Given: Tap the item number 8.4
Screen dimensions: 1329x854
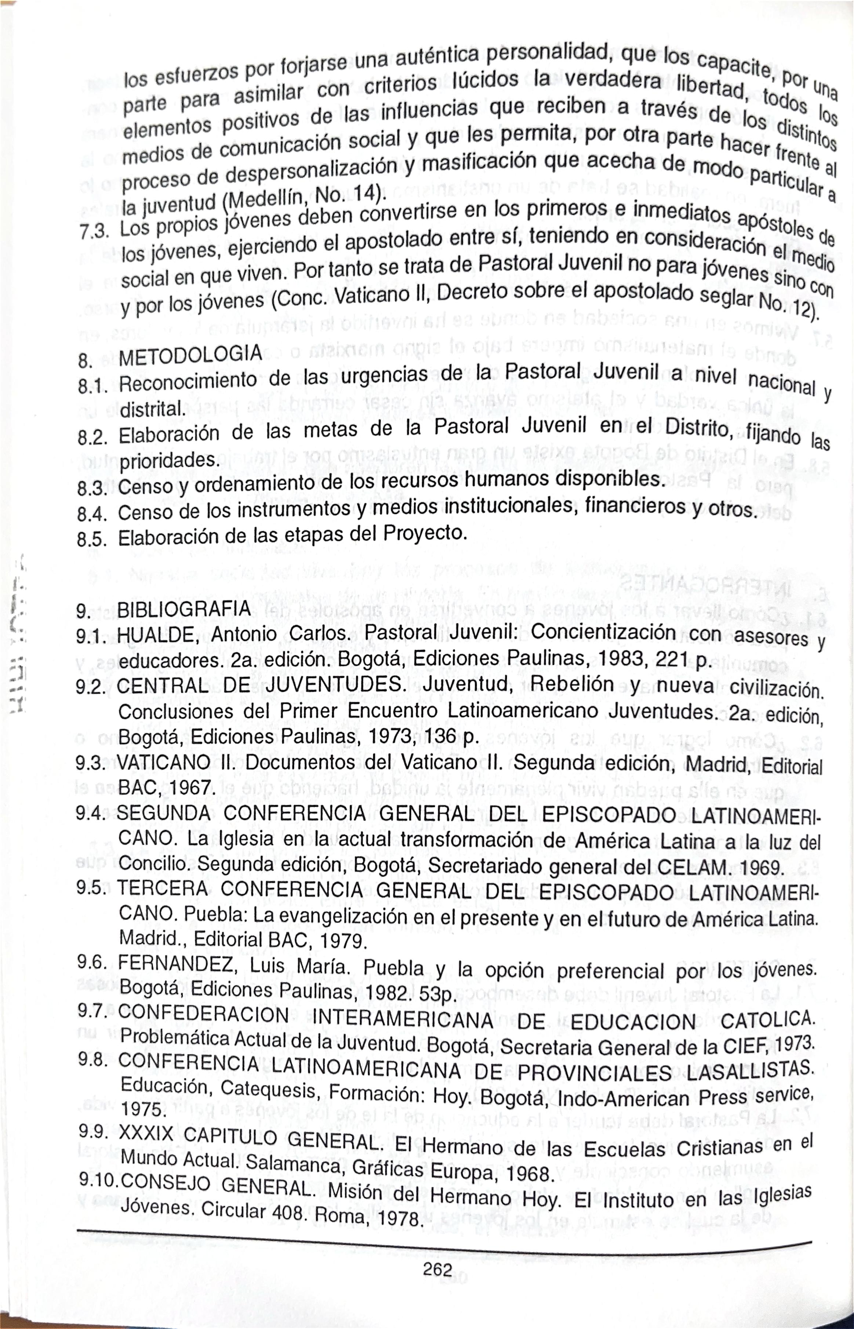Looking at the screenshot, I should [92, 513].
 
